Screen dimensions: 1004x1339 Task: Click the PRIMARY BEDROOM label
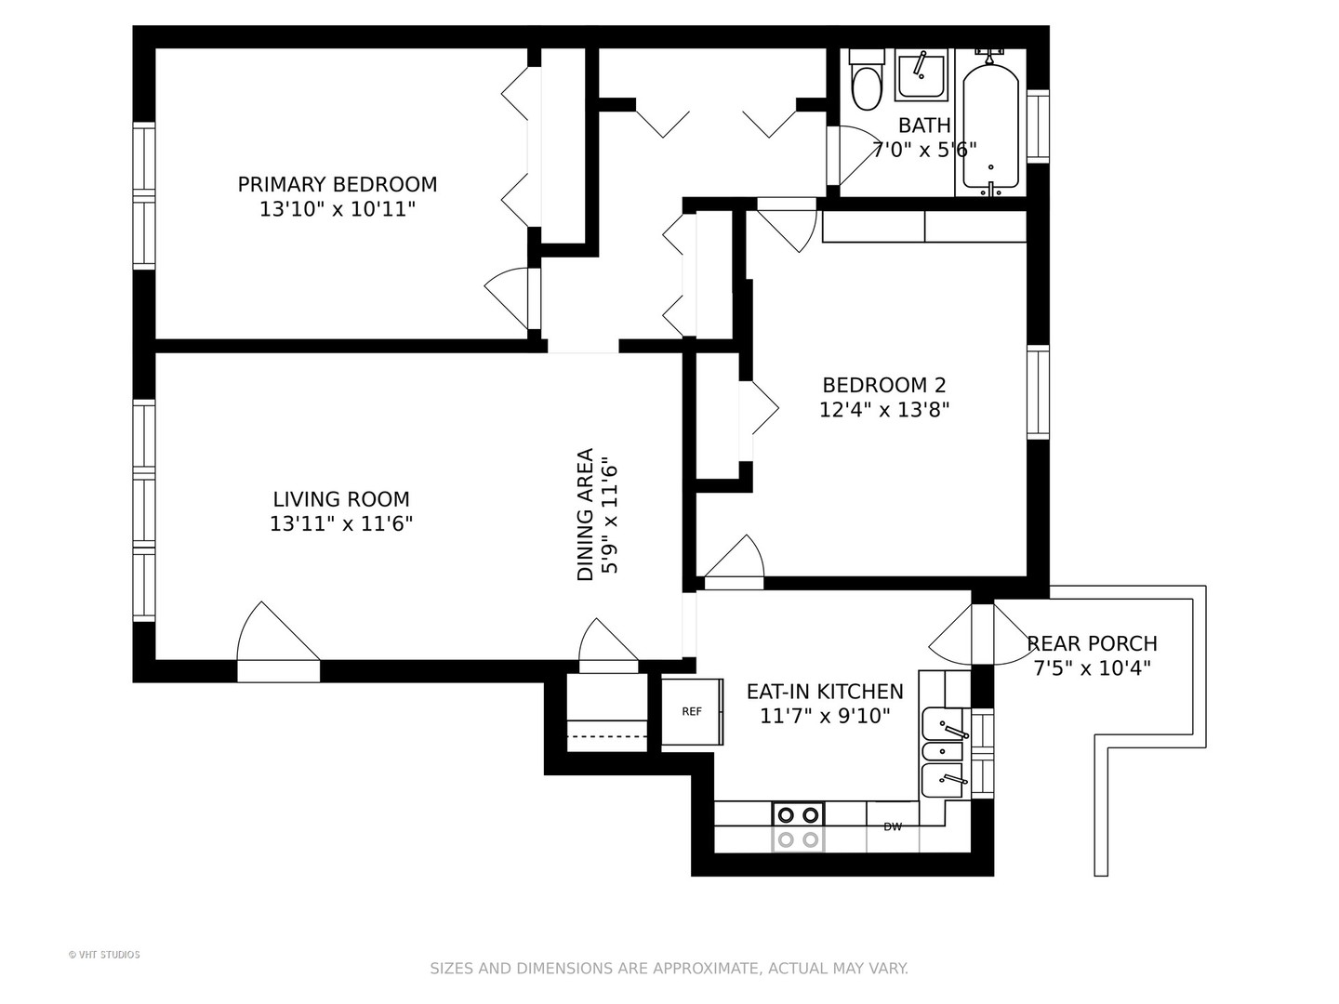337,184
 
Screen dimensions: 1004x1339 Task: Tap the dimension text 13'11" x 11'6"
340,524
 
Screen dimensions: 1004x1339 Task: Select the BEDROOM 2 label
883,385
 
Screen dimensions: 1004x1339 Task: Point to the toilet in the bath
867,83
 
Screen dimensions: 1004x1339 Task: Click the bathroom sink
921,74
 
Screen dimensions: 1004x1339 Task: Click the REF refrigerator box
692,712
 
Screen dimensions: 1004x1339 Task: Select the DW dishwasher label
893,826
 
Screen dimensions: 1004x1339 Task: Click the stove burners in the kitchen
799,826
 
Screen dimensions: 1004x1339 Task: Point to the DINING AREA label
585,515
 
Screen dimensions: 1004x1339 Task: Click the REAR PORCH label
1092,643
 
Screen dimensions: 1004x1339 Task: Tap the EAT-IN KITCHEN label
825,692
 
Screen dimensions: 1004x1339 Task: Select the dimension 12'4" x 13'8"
883,410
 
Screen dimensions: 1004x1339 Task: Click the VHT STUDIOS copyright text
104,955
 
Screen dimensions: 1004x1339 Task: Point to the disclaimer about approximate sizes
669,969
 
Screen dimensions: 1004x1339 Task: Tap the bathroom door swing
854,155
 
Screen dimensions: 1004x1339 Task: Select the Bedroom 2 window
1038,391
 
